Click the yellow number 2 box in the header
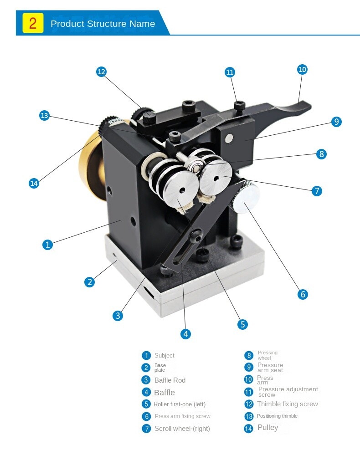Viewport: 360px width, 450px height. point(33,23)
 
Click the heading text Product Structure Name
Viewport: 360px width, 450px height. point(103,24)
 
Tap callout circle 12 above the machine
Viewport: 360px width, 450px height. point(101,72)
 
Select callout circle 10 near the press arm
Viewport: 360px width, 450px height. point(302,69)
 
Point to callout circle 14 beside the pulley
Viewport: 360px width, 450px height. point(34,183)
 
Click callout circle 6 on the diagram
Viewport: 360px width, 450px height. point(303,294)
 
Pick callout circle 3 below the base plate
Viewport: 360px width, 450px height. point(118,316)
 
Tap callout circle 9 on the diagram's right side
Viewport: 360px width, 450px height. point(336,122)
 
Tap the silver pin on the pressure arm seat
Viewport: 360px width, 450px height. point(229,138)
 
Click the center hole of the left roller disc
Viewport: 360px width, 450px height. point(182,190)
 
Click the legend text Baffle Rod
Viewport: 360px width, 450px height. point(170,380)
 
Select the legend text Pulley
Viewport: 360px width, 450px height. point(268,428)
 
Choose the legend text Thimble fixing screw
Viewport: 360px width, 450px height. point(288,404)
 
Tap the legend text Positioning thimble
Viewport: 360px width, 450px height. point(278,416)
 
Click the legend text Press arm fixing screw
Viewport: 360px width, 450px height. point(183,416)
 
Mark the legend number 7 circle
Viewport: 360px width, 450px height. point(146,429)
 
